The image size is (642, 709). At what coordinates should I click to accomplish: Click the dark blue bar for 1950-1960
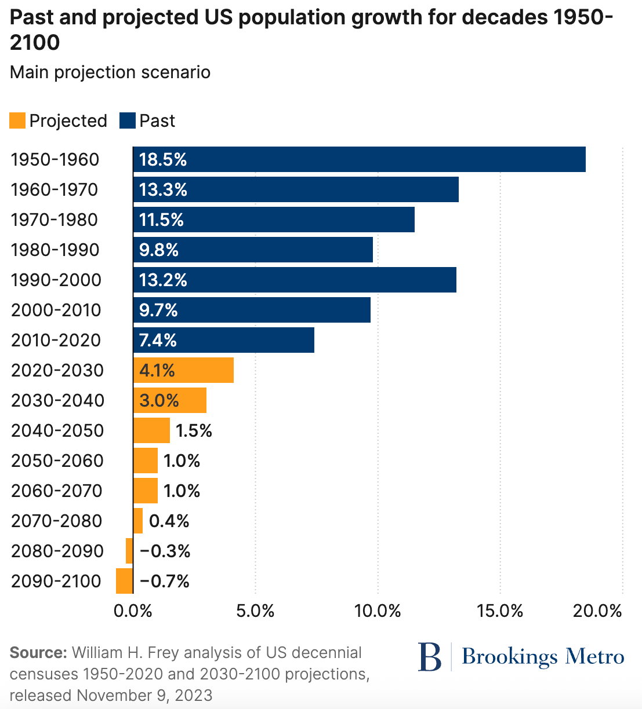[359, 159]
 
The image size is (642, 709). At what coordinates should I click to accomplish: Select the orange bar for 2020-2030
[183, 370]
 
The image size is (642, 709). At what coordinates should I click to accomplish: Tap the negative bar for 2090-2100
[124, 581]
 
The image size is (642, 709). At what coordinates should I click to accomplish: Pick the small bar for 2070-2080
[138, 521]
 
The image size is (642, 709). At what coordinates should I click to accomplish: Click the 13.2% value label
[163, 280]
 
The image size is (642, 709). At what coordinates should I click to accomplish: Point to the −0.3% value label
[165, 551]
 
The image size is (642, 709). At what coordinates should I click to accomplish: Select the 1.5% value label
[194, 430]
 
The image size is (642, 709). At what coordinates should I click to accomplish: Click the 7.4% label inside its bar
[158, 340]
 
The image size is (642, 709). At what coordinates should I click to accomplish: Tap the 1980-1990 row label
[55, 250]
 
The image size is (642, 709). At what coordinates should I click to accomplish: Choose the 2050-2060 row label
[57, 461]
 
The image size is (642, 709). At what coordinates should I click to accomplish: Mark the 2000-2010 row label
[56, 310]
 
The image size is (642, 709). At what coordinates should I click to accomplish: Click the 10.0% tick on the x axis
[378, 611]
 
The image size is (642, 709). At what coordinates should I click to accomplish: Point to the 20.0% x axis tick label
[597, 611]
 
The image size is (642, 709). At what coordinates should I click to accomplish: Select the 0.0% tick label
[133, 611]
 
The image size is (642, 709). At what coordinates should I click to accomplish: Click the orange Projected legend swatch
[18, 120]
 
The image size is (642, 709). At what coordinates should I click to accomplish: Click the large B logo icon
[430, 657]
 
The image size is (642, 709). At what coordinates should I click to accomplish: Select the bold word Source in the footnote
[38, 653]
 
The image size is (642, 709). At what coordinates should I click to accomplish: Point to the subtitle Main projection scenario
[110, 72]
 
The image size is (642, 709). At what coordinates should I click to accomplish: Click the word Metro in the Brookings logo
[595, 657]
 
